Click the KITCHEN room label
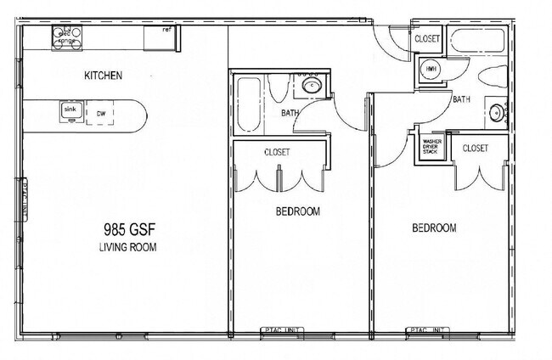[x=103, y=76]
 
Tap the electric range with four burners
[x=67, y=37]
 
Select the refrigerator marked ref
[x=159, y=38]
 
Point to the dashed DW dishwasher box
[x=100, y=113]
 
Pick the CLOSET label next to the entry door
[x=426, y=39]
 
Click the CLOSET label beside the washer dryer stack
[x=476, y=148]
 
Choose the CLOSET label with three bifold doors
[x=277, y=152]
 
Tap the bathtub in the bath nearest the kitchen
[x=248, y=104]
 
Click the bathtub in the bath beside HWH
[x=478, y=40]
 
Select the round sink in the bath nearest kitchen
[x=312, y=86]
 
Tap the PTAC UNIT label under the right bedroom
[x=427, y=330]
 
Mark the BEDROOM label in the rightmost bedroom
[x=434, y=228]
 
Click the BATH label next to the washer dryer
[x=461, y=99]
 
